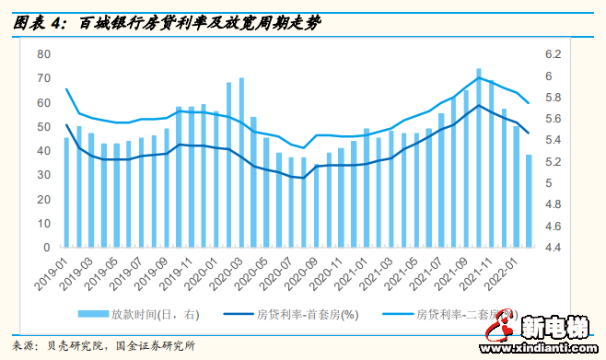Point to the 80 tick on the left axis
pyautogui.click(x=42, y=54)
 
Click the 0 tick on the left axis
pyautogui.click(x=45, y=248)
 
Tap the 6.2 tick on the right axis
pyautogui.click(x=553, y=54)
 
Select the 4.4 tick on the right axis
pyautogui.click(x=553, y=248)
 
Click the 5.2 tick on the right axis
pyautogui.click(x=553, y=162)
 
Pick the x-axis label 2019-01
pyautogui.click(x=57, y=273)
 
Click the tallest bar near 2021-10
pyautogui.click(x=479, y=158)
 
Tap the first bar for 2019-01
pyautogui.click(x=66, y=192)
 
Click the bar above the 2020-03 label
pyautogui.click(x=241, y=163)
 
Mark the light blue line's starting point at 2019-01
pyautogui.click(x=66, y=88)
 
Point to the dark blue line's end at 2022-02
pyautogui.click(x=529, y=134)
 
